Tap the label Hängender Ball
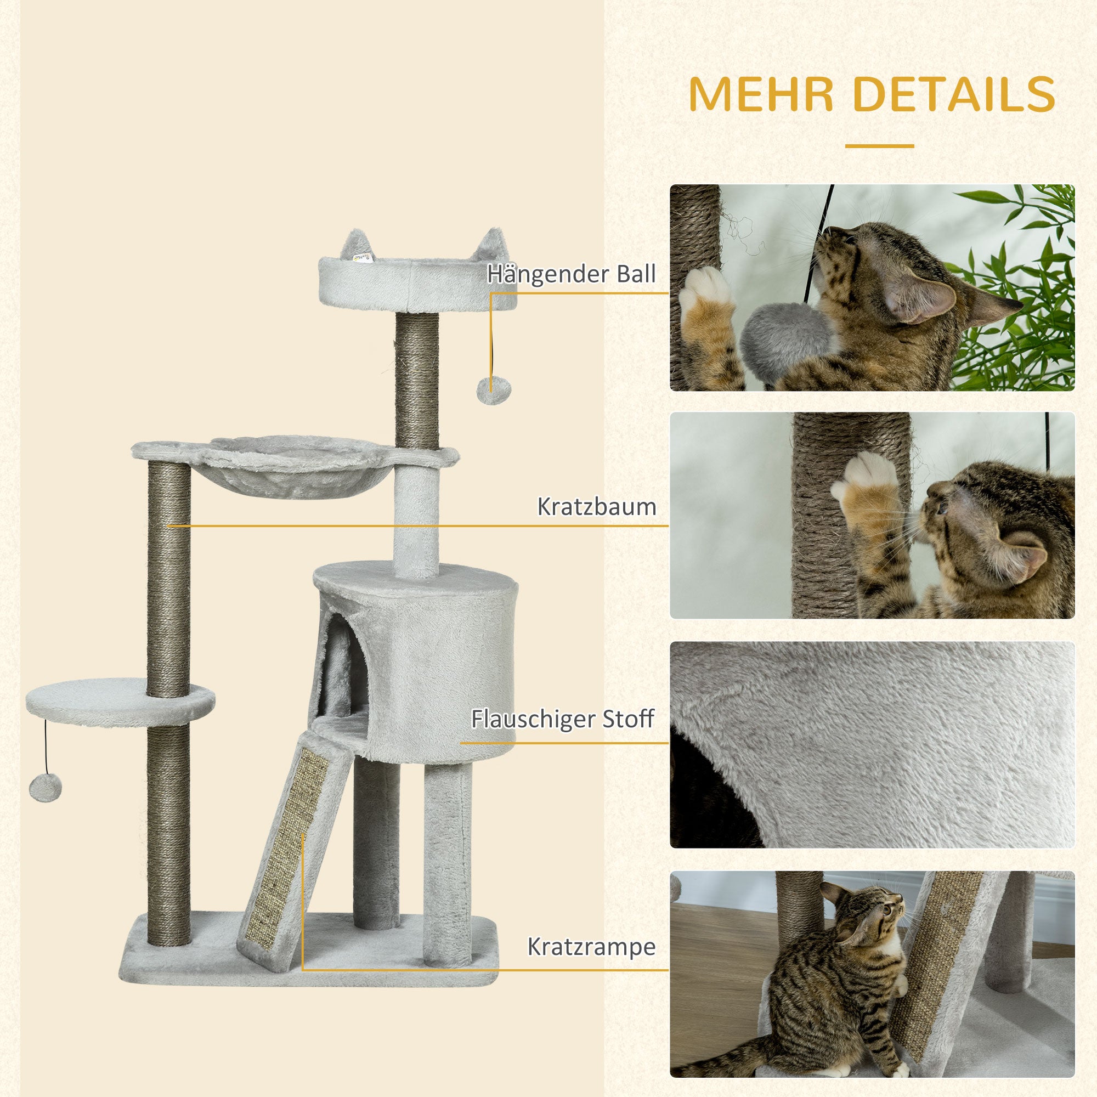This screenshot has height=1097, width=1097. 571,274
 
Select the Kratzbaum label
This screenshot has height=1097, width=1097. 596,507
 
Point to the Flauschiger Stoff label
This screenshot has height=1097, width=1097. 562,720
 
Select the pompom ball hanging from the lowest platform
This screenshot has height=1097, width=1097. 46,788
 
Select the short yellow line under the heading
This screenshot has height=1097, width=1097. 879,146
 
